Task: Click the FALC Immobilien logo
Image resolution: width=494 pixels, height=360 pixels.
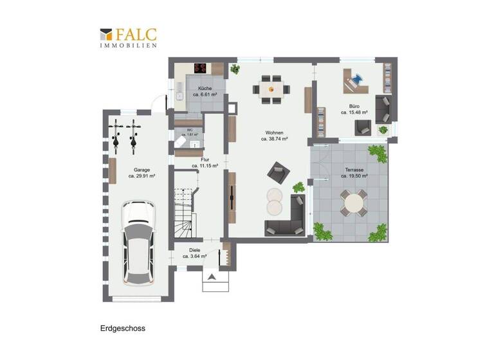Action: click(128, 38)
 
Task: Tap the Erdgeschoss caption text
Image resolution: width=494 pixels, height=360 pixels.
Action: click(123, 328)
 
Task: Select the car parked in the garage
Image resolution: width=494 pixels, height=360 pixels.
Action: click(139, 242)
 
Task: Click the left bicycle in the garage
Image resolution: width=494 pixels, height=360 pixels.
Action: click(117, 134)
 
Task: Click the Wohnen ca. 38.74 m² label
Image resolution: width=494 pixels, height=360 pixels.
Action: click(274, 135)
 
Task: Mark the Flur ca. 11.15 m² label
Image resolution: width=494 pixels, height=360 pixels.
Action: click(205, 162)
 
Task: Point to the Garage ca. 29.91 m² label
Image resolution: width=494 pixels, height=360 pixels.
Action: click(138, 173)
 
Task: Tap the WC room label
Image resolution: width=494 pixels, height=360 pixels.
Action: click(190, 131)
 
